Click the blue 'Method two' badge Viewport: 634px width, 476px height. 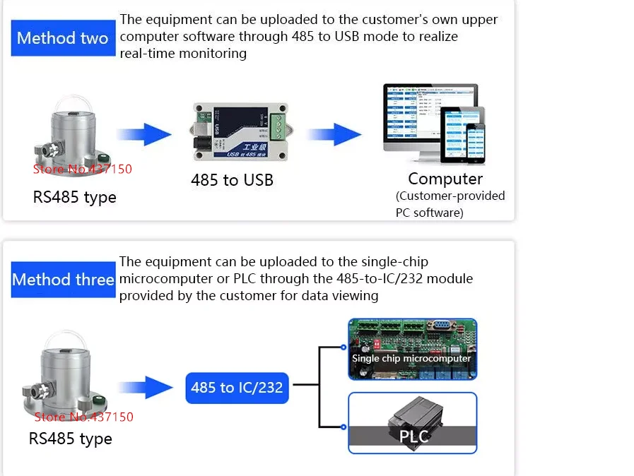click(x=62, y=38)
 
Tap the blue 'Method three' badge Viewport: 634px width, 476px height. click(x=63, y=280)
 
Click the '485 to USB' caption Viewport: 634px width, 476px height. click(x=232, y=180)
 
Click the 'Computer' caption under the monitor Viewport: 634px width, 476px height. click(x=445, y=179)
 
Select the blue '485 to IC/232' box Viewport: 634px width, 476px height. click(x=237, y=387)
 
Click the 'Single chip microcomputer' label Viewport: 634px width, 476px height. click(x=411, y=358)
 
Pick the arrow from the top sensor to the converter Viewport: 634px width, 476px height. click(x=143, y=134)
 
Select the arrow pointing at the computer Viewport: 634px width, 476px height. click(x=334, y=134)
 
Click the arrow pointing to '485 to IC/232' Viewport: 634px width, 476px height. click(x=147, y=387)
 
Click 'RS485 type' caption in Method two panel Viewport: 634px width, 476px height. click(x=74, y=197)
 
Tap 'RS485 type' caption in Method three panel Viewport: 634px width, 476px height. click(x=70, y=439)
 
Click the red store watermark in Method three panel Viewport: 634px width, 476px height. click(x=83, y=417)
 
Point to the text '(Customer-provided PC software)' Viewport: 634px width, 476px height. click(x=450, y=204)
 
